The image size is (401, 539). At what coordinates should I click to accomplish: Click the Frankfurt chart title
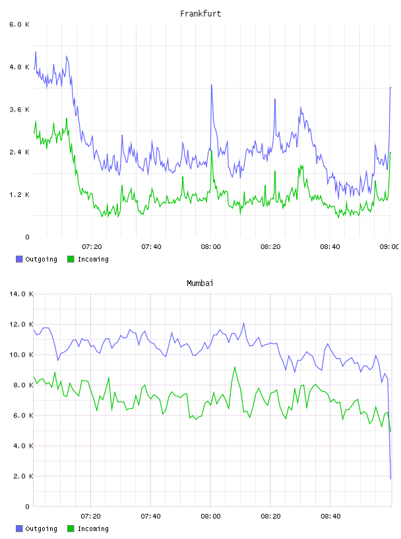click(200, 14)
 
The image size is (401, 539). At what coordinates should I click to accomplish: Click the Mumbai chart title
click(200, 283)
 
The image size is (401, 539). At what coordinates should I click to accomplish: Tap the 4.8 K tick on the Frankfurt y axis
click(19, 67)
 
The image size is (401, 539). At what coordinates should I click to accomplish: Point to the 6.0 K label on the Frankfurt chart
click(19, 24)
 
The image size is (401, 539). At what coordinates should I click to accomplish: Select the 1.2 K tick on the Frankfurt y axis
click(19, 195)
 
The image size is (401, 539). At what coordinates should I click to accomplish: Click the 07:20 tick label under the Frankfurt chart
click(92, 246)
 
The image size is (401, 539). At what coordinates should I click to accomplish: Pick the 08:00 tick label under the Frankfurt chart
click(211, 246)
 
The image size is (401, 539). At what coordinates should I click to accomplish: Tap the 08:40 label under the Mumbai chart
click(330, 516)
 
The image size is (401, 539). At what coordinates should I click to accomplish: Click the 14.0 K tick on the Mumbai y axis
click(21, 294)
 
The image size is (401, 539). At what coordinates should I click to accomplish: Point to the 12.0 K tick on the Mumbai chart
click(21, 324)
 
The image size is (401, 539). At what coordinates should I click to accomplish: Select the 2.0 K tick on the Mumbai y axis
click(23, 476)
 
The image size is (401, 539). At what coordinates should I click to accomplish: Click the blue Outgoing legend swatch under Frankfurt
click(19, 259)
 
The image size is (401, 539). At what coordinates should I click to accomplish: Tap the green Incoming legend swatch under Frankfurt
click(71, 259)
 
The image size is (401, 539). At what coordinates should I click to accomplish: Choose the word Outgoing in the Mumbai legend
click(41, 528)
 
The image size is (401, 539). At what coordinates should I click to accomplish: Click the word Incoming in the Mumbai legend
click(93, 528)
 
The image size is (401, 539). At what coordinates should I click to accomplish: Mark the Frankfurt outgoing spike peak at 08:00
click(212, 85)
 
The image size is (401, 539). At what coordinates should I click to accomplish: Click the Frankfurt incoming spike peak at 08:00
click(212, 151)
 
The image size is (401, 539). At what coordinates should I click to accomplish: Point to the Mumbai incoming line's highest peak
click(235, 367)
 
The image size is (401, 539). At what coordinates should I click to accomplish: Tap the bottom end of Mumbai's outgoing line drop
click(390, 478)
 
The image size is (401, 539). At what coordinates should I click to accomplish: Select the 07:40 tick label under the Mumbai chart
click(151, 516)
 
